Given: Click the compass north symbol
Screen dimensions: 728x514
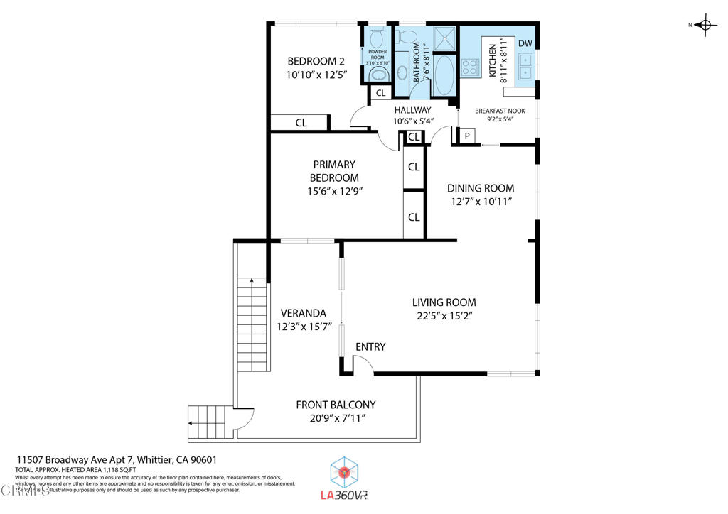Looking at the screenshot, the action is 705,26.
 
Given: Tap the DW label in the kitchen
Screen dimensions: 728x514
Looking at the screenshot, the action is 525,44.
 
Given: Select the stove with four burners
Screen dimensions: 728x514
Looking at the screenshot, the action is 470,67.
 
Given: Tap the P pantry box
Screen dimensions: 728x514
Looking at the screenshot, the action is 467,136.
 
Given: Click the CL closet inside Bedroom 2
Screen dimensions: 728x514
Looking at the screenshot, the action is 301,123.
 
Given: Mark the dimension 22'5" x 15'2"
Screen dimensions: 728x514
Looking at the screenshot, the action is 444,315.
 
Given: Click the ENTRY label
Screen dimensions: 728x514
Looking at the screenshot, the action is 370,346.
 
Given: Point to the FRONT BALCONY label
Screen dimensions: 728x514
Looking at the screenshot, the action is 336,405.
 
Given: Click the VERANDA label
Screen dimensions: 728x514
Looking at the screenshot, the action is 303,313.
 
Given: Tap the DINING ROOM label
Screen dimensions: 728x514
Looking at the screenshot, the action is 480,188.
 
